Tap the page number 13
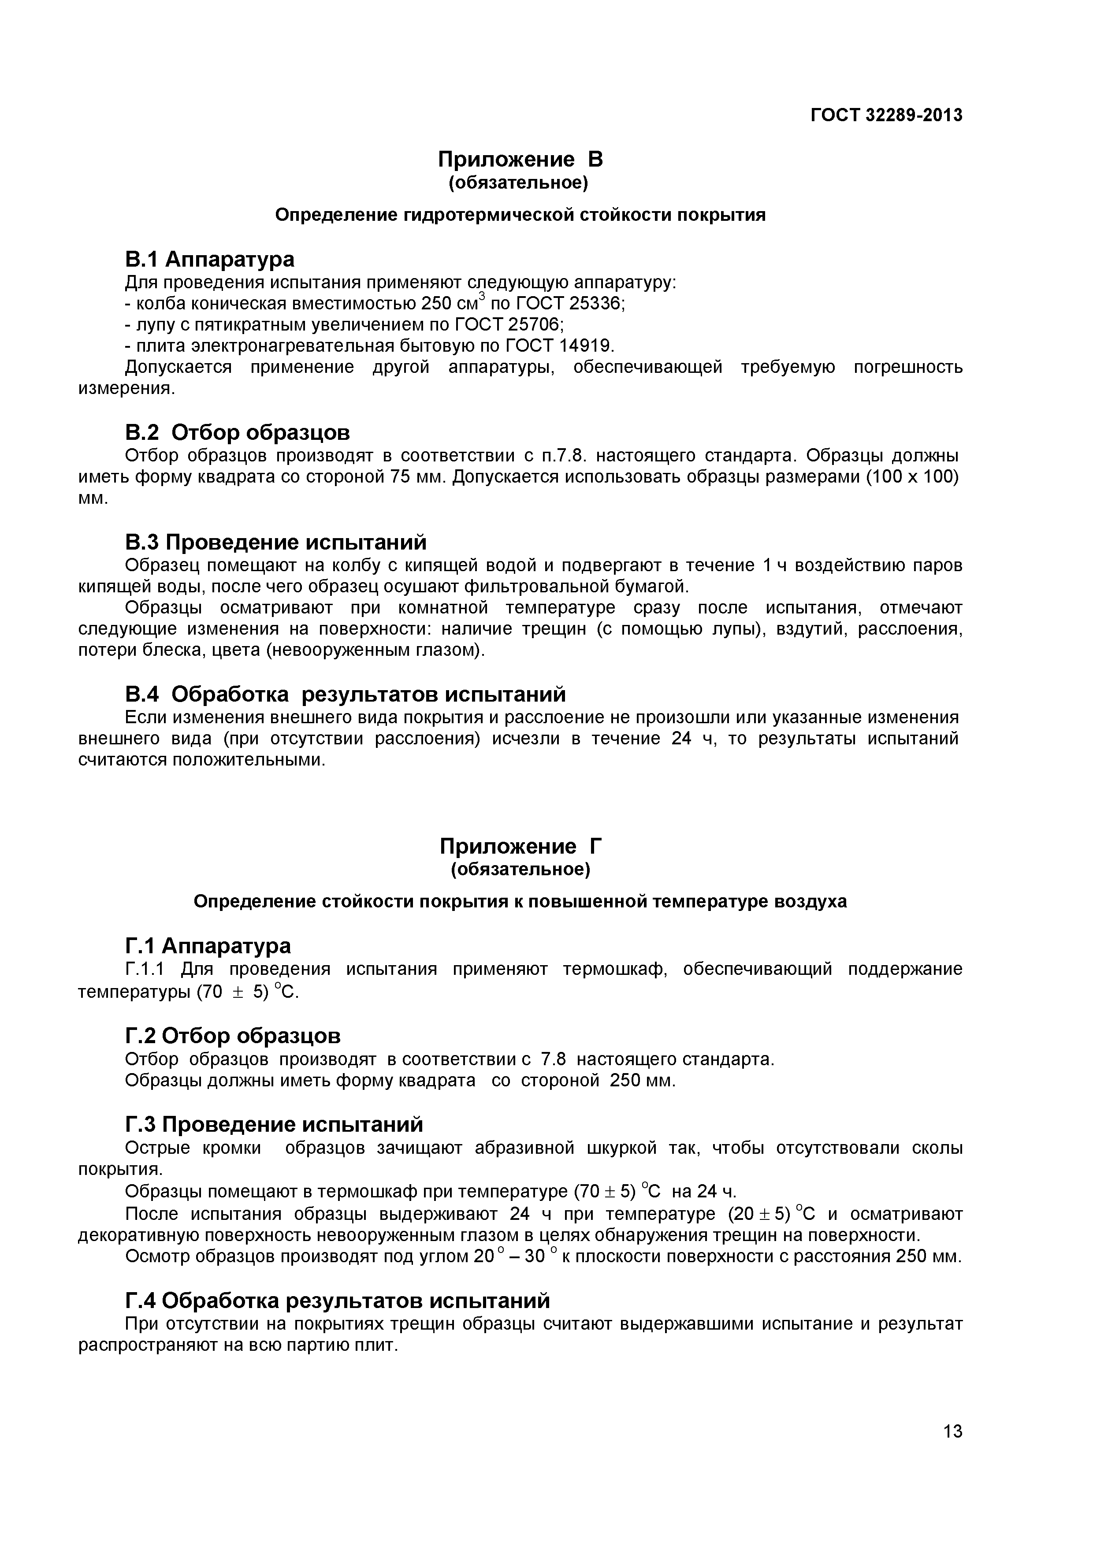[x=953, y=1450]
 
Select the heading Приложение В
[x=520, y=160]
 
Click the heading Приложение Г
[x=520, y=847]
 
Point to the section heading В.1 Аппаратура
[x=209, y=259]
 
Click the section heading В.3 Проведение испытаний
[x=275, y=542]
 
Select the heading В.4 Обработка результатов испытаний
[x=345, y=694]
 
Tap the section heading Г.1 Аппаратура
[x=208, y=946]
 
